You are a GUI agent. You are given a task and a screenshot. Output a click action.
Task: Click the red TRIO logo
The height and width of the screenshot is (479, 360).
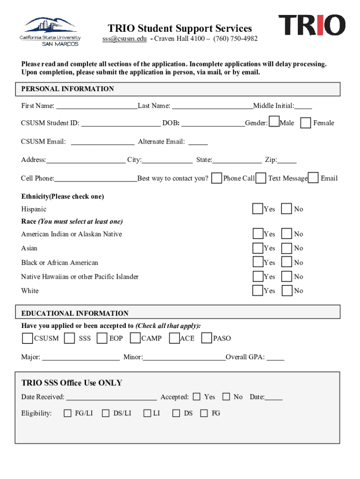(x=312, y=25)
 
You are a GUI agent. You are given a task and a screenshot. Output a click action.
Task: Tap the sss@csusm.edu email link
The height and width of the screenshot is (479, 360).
(x=124, y=39)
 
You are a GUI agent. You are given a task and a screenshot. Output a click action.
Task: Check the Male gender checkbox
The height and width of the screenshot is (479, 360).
(x=274, y=123)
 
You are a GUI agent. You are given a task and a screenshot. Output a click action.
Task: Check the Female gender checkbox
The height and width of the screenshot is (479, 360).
(x=305, y=123)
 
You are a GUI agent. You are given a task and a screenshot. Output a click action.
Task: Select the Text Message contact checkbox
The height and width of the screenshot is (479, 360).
(x=261, y=178)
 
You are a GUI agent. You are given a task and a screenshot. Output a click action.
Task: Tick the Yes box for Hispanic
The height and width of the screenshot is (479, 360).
(x=258, y=209)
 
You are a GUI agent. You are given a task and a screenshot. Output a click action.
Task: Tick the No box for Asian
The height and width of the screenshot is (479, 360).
(x=287, y=248)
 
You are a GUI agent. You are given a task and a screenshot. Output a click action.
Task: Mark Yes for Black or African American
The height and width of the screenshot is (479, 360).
(x=258, y=262)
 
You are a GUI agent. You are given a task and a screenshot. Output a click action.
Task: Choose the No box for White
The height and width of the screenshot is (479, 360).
(x=287, y=290)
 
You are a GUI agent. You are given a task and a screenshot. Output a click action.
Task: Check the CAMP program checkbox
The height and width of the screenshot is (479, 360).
(x=135, y=338)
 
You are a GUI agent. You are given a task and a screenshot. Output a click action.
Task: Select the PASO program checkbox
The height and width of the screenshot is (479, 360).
(x=207, y=338)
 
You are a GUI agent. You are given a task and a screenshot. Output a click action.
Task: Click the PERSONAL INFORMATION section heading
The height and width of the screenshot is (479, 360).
(x=68, y=89)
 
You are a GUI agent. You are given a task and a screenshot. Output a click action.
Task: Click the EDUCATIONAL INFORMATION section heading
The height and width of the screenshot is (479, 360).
(x=75, y=313)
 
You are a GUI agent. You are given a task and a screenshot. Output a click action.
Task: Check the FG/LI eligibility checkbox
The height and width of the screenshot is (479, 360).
(x=68, y=413)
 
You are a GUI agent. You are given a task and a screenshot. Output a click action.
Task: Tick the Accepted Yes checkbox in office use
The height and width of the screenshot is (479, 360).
(x=196, y=397)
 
